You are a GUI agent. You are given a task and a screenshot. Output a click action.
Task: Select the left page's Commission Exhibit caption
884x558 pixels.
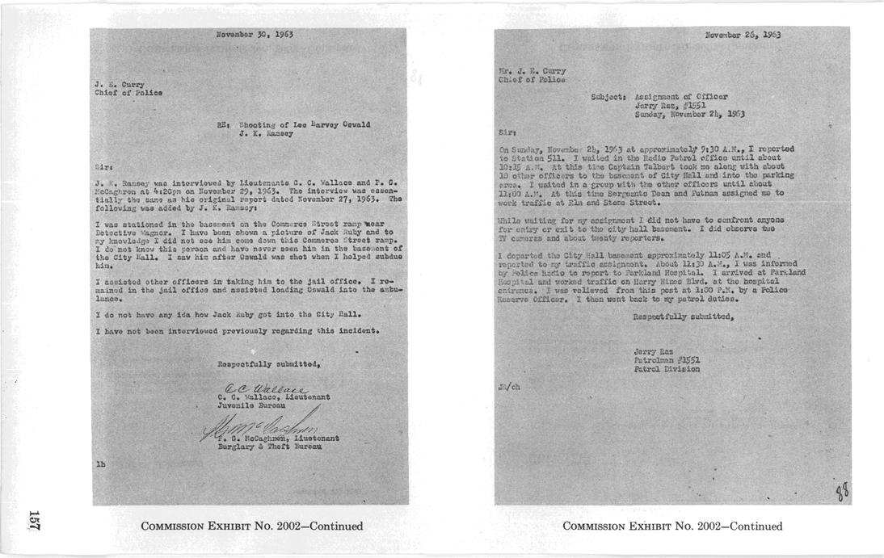[251, 527]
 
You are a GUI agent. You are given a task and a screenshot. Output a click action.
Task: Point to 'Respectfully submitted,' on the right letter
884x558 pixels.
[684, 316]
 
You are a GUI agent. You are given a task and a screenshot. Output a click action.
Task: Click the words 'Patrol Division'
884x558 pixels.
[667, 369]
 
